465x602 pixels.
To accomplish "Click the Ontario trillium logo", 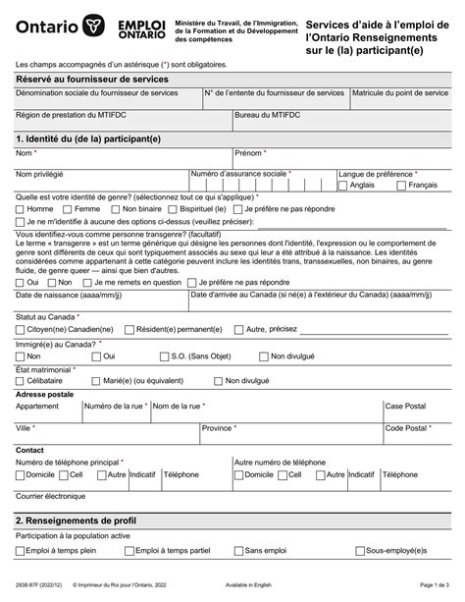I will pos(92,24).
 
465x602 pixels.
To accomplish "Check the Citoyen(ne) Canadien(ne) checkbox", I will pos(21,330).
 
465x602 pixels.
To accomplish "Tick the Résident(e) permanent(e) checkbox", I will pos(130,330).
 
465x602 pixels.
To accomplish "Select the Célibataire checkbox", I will pos(21,379).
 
